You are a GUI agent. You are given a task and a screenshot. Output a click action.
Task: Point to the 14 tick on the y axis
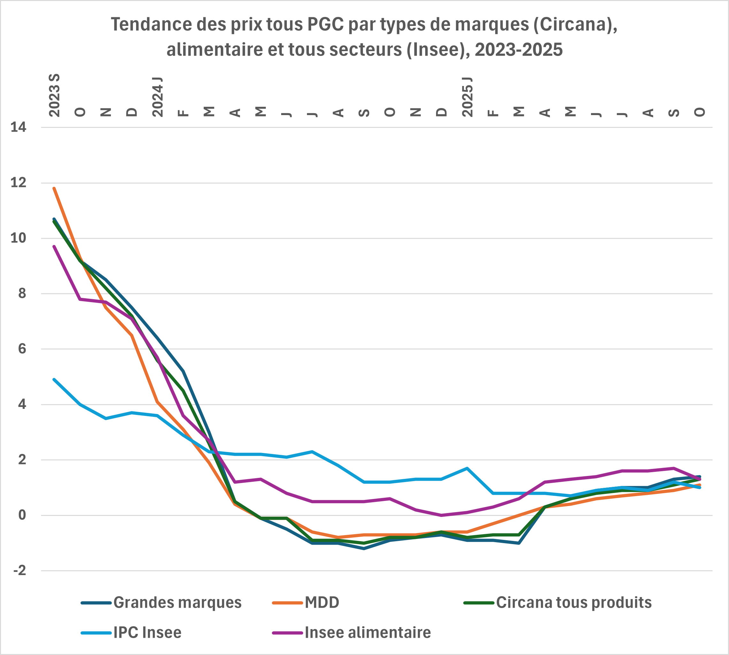18,128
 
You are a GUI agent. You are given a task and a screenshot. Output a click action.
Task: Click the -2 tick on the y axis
20,570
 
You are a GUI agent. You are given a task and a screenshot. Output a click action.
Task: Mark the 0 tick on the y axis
22,515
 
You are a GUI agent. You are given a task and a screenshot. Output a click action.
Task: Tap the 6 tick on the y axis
22,349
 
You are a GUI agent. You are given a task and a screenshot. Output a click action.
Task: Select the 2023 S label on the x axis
54,95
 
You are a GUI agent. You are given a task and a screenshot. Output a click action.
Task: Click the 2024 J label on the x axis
157,97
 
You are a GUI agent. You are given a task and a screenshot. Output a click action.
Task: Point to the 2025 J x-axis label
467,97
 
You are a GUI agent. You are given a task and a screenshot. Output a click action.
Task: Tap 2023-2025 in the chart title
518,50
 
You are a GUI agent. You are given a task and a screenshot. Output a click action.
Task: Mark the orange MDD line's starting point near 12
54,188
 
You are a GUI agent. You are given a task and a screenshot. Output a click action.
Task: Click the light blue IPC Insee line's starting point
54,379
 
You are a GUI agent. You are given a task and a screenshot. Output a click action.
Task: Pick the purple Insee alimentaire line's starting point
54,246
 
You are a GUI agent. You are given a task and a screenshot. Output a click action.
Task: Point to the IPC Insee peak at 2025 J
467,468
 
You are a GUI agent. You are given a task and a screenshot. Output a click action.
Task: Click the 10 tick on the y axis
18,238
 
